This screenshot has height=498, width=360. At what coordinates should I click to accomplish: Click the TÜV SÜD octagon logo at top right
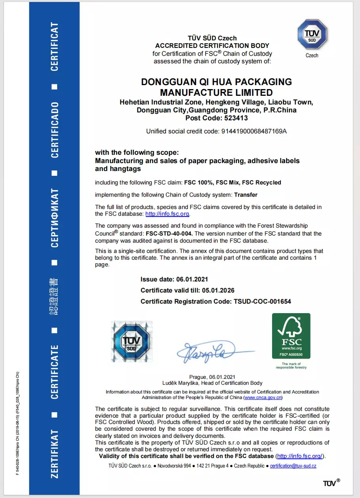pos(312,34)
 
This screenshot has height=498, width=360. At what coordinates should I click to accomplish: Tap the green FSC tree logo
pos(291,336)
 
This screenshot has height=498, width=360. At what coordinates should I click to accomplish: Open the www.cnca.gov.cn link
pos(263,397)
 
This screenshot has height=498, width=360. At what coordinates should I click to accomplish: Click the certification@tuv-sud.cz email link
pos(293,466)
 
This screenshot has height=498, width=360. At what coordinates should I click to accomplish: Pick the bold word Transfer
pos(246,194)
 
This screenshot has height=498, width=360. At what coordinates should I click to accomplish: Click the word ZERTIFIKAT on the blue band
pos(55,453)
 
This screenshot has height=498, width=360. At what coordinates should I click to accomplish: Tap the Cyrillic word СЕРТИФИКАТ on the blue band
pos(55,218)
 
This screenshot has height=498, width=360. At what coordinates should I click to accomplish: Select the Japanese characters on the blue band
pos(54,297)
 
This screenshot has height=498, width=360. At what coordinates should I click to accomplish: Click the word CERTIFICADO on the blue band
pos(55,130)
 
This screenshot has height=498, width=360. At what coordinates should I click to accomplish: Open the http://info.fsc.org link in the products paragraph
pos(168,214)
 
